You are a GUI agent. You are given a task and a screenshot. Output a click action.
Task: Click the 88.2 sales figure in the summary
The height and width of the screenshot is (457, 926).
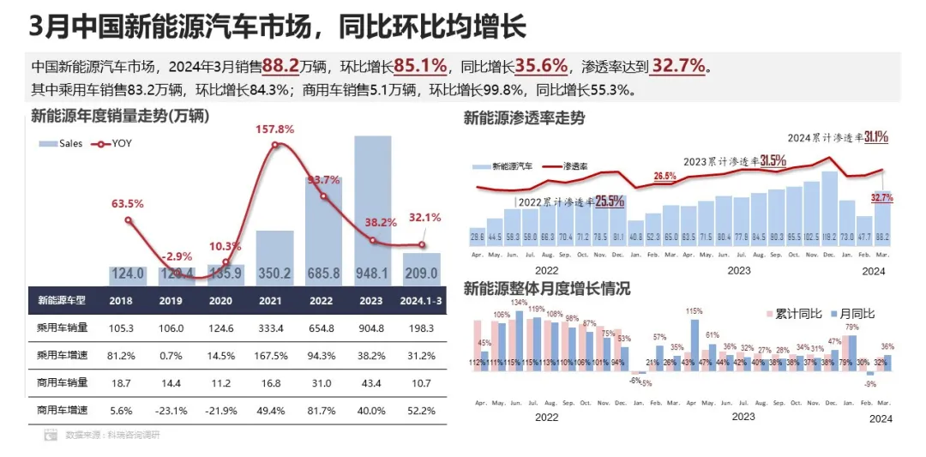(280, 66)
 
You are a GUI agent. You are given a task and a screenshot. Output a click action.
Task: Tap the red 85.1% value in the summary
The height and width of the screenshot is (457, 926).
(421, 66)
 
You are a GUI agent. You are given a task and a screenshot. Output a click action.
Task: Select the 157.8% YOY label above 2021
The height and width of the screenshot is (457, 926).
(274, 129)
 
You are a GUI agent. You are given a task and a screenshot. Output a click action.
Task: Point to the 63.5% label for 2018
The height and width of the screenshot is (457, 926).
(128, 204)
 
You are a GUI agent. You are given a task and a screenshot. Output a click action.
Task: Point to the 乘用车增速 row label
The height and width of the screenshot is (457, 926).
(62, 355)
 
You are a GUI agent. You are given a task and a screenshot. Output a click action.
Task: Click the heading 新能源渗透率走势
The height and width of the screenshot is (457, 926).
(524, 118)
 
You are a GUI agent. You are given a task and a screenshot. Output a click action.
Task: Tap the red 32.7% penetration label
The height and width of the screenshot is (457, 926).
(881, 198)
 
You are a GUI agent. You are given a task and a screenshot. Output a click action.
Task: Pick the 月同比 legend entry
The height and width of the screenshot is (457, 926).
(857, 315)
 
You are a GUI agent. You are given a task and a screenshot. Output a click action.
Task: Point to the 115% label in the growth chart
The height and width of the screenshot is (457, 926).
(694, 311)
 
